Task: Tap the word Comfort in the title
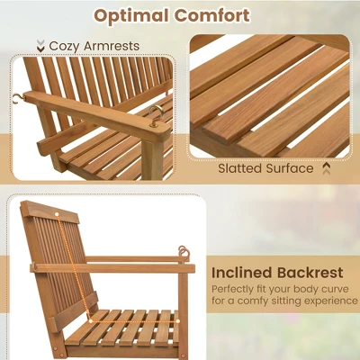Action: click(x=215, y=15)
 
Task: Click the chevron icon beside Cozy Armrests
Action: click(x=40, y=45)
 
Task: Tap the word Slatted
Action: click(x=242, y=168)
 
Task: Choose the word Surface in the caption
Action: click(x=292, y=168)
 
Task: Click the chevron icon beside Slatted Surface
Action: click(x=326, y=168)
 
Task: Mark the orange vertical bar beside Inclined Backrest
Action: click(x=204, y=272)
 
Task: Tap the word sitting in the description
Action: click(x=290, y=304)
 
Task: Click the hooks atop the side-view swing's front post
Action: click(x=183, y=253)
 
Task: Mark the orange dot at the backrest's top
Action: click(x=60, y=215)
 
